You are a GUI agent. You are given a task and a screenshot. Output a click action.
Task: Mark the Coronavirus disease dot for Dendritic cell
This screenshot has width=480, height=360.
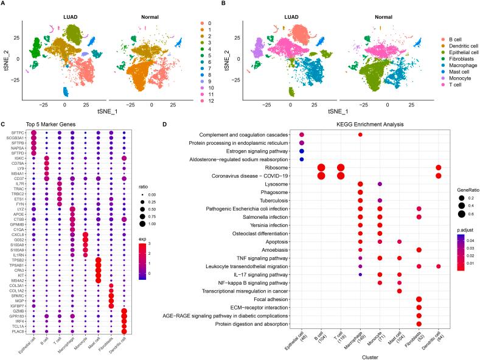pos(439,176)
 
